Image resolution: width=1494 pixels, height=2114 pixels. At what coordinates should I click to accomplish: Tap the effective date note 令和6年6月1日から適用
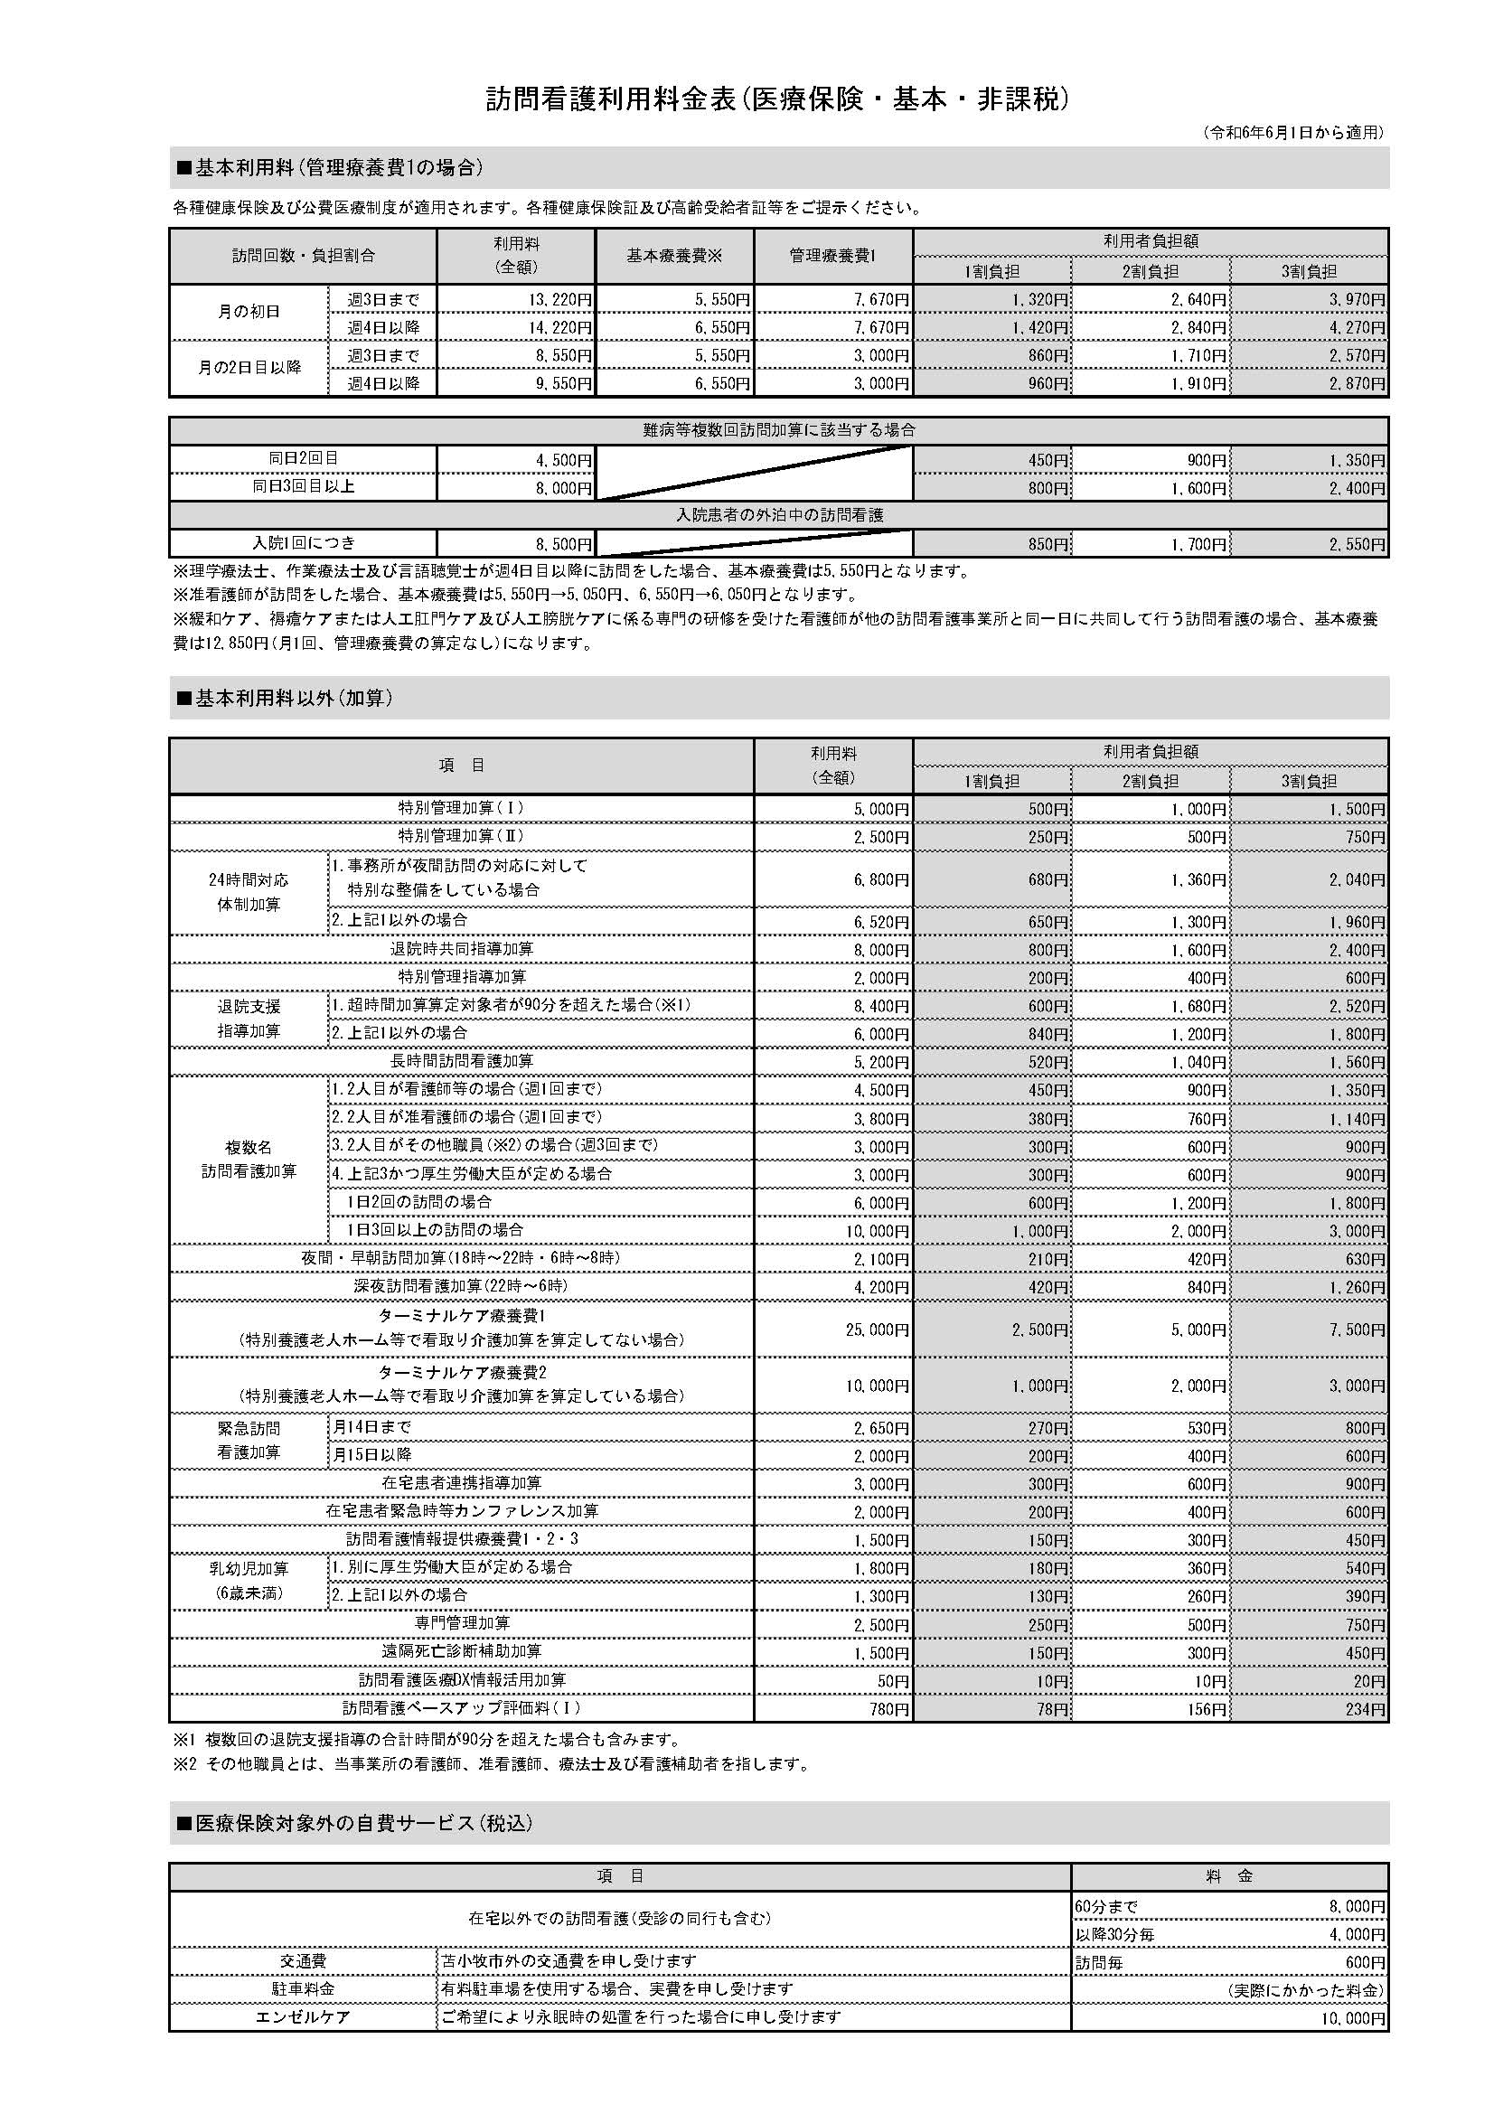1292,134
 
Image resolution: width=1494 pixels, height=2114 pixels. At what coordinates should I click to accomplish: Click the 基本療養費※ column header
675,256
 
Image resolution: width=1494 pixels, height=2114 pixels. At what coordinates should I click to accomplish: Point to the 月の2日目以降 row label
249,367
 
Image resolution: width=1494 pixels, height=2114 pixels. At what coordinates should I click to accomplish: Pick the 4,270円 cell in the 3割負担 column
1355,328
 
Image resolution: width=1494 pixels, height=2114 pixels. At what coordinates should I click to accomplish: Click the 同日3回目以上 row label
303,486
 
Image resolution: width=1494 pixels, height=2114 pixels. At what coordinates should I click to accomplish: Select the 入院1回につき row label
303,543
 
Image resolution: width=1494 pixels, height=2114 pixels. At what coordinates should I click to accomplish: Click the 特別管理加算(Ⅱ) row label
461,836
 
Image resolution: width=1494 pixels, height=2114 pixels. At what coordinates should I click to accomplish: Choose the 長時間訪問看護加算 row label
461,1062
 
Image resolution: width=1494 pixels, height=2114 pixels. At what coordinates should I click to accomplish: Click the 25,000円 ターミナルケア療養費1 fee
877,1329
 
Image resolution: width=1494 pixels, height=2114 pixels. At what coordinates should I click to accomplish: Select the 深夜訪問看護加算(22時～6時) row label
461,1286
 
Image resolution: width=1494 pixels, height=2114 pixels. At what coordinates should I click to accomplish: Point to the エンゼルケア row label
303,2017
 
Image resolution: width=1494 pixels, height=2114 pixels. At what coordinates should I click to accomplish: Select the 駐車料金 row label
303,1988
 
